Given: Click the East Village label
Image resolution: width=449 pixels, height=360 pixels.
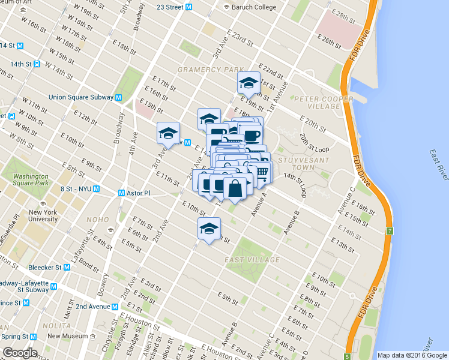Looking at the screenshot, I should coord(252,260).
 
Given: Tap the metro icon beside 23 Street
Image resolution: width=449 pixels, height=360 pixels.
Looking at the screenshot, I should coord(188,7).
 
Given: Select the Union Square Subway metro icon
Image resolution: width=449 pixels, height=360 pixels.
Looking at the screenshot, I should coord(119,97).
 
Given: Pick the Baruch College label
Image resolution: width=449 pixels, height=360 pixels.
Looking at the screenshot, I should coord(253,7).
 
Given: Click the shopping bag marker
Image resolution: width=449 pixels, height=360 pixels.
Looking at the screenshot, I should coord(235,188).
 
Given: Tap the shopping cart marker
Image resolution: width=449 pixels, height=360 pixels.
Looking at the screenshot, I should coord(262,172).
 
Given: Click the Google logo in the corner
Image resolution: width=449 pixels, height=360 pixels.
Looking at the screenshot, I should coord(20,353).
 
